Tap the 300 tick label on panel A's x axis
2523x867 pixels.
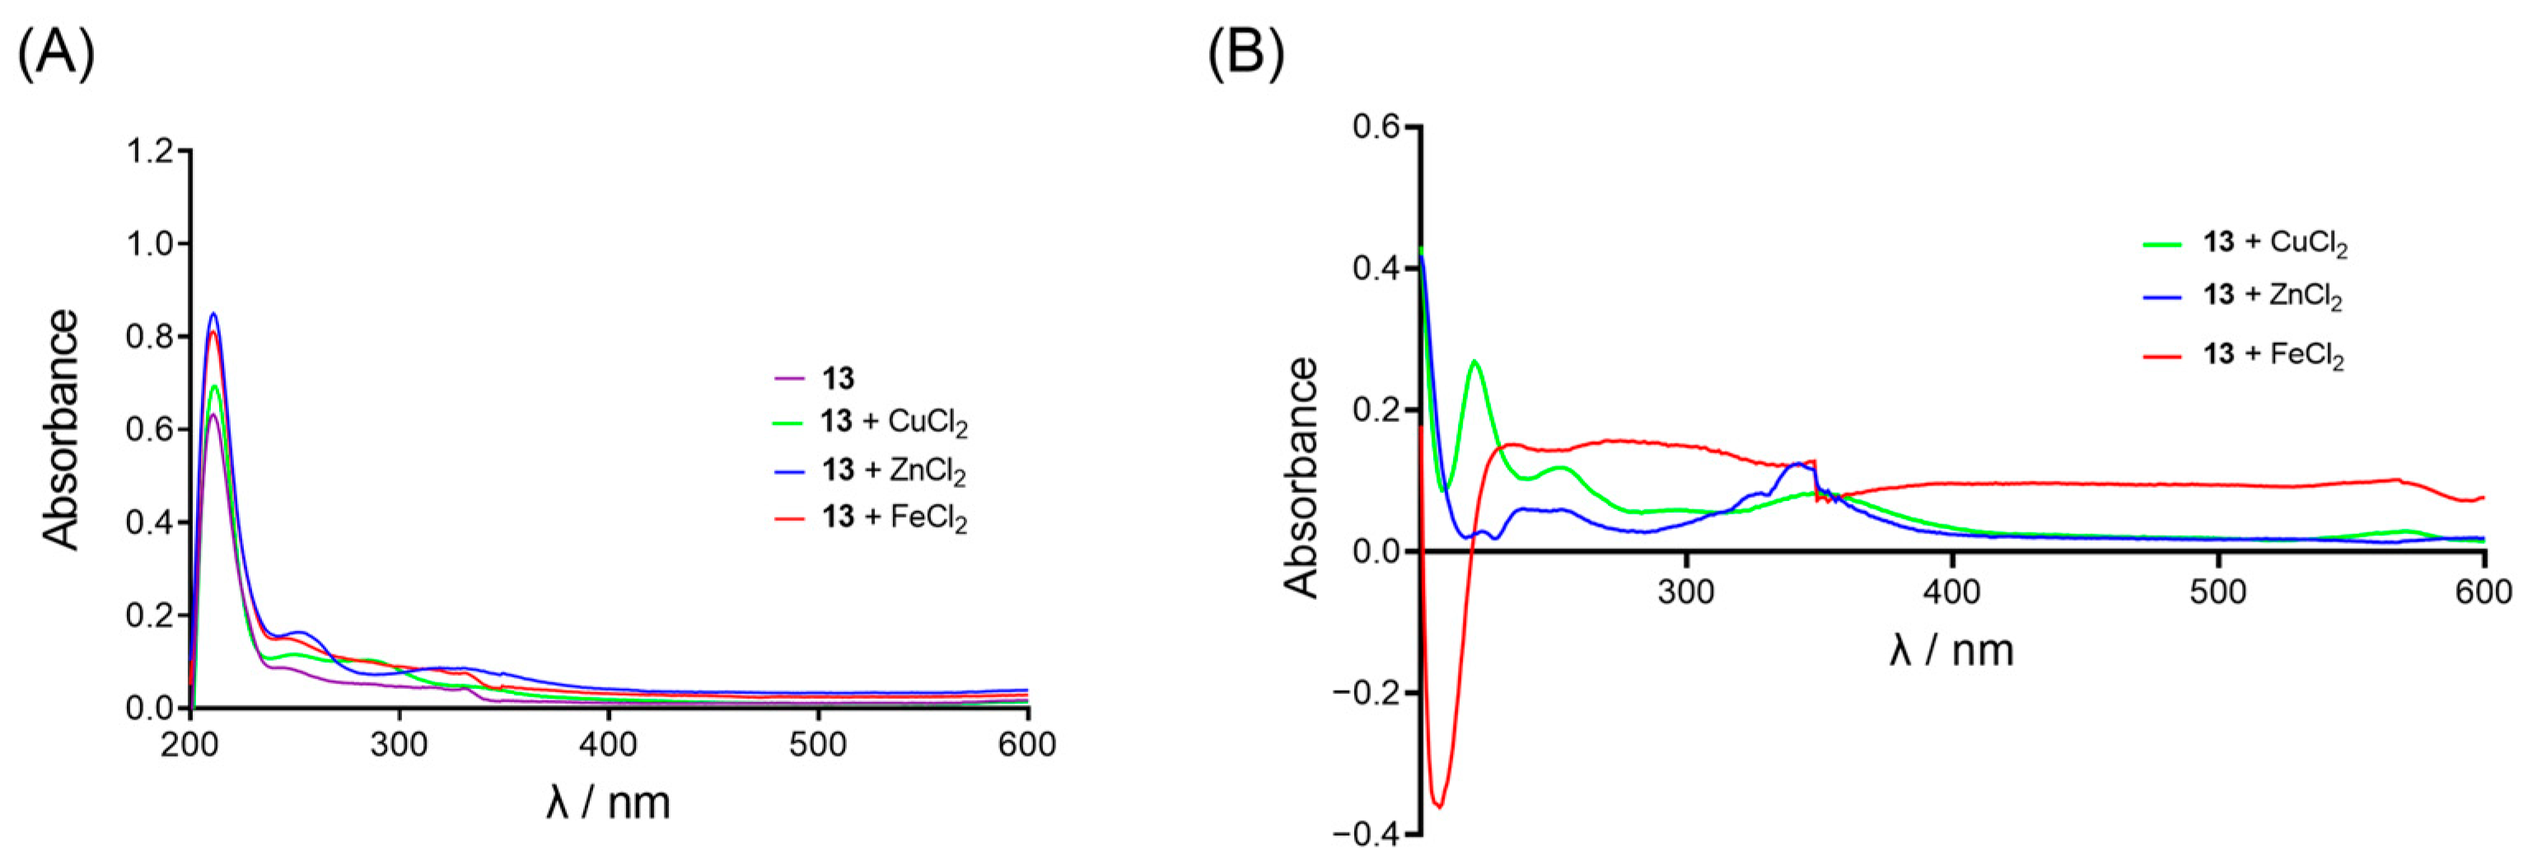(x=399, y=744)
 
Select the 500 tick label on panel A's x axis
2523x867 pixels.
(x=818, y=744)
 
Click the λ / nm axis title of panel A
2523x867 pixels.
(x=608, y=804)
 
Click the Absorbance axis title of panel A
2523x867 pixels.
(x=61, y=429)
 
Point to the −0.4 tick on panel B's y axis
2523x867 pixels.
(x=1366, y=835)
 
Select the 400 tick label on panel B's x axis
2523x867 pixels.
(x=1952, y=593)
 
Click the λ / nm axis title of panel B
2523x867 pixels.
(x=1951, y=649)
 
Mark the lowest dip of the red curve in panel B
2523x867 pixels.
(x=1439, y=806)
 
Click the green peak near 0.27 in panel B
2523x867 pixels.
(x=1474, y=362)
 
